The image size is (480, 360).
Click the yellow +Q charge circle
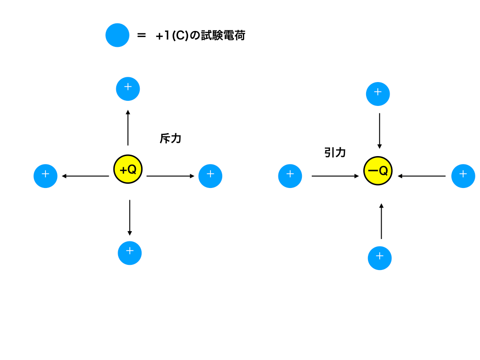[x=128, y=169]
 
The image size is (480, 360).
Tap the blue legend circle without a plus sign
[x=117, y=35]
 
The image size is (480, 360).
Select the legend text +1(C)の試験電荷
[x=201, y=36]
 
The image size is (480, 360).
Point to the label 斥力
[x=171, y=138]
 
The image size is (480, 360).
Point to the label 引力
[x=335, y=152]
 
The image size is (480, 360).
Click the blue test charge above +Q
[x=128, y=89]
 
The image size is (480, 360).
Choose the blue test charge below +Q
[x=130, y=253]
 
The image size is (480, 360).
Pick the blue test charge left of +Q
[x=45, y=176]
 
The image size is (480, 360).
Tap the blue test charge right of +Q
[x=210, y=176]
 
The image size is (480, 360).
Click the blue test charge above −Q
[x=378, y=94]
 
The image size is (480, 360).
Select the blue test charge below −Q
[x=380, y=258]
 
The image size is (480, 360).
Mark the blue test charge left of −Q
[x=290, y=176]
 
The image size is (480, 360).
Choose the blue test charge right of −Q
[x=463, y=176]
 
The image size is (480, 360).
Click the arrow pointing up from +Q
[x=128, y=127]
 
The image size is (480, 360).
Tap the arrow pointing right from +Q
[x=170, y=176]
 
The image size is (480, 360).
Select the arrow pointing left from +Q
[x=85, y=176]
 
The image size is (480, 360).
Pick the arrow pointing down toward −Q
[x=380, y=131]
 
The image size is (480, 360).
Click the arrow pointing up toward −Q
[x=381, y=221]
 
